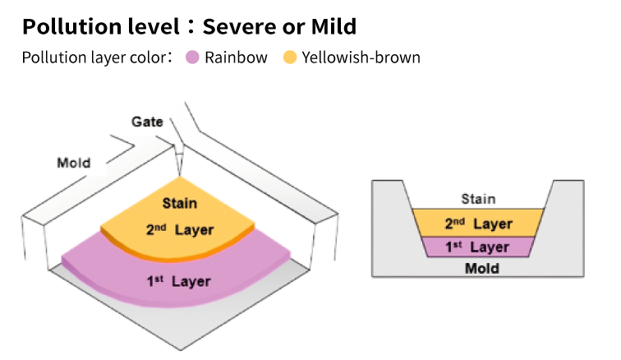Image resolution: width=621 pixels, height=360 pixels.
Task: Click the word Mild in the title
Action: [333, 26]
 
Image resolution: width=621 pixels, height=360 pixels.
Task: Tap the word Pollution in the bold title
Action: [72, 26]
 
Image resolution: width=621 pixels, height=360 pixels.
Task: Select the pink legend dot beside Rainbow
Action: [192, 58]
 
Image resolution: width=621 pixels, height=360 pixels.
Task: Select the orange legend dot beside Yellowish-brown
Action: [290, 58]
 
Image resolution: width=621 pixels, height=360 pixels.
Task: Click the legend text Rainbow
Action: [236, 58]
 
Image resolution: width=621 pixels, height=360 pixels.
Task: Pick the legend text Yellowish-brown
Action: [361, 58]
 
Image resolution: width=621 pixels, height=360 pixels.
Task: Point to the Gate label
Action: [147, 122]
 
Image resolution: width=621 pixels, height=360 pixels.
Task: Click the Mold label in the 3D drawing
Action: [74, 163]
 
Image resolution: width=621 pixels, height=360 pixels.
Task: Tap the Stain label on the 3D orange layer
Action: [179, 203]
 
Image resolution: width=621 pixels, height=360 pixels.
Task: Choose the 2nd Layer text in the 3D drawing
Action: [180, 229]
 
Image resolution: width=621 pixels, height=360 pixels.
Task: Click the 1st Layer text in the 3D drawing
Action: [178, 281]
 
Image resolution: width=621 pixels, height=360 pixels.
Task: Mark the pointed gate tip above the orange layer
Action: [180, 175]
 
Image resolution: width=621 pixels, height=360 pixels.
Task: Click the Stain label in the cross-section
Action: [478, 199]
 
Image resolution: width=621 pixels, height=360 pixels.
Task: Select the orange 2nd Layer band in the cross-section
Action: [478, 223]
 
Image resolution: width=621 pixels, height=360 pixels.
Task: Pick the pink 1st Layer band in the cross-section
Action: [478, 247]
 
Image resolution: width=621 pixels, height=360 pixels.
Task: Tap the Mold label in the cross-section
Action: [481, 269]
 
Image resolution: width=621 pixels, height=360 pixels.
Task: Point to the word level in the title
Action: [154, 26]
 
